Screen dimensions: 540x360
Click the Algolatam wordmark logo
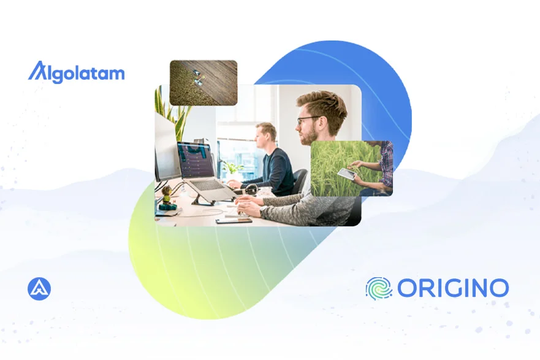point(76,72)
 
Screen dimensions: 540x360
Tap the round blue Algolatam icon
point(39,289)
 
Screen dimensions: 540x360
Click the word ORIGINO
point(453,288)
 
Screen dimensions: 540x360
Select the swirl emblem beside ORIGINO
point(379,289)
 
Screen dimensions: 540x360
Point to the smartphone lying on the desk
point(234,221)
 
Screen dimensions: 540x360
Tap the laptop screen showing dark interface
point(196,160)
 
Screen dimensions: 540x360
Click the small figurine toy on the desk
point(167,198)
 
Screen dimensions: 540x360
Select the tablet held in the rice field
point(346,174)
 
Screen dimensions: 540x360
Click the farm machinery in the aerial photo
point(198,77)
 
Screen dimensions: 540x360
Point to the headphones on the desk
point(252,190)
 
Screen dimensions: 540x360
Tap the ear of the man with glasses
point(323,123)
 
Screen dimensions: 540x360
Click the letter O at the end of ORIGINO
point(499,288)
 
